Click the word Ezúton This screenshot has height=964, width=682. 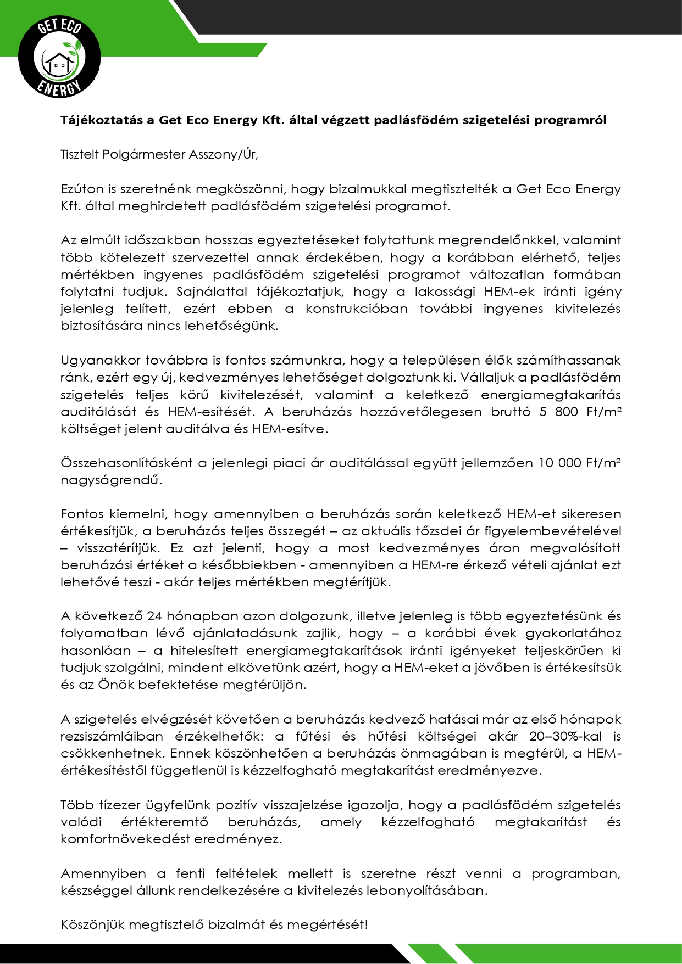click(82, 189)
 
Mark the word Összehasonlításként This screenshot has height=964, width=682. click(126, 463)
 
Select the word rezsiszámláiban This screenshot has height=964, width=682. click(112, 736)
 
